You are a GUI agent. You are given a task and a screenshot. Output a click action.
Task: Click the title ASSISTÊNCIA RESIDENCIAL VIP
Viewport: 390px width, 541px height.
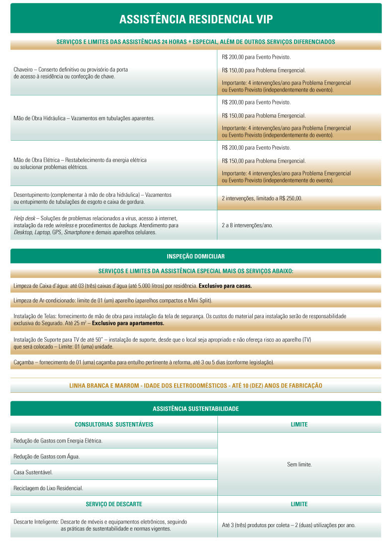[195, 19]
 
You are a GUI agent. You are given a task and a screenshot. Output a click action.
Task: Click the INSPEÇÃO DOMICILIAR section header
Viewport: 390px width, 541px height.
[195, 256]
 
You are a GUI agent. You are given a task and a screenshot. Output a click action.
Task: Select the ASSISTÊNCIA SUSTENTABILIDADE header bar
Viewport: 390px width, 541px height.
[195, 409]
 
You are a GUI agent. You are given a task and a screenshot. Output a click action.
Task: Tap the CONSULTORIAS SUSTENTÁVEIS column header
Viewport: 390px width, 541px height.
[113, 425]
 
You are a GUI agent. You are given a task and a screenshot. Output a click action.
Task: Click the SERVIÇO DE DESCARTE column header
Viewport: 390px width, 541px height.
[113, 504]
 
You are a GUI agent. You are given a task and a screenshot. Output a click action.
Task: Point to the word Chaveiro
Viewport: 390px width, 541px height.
[24, 70]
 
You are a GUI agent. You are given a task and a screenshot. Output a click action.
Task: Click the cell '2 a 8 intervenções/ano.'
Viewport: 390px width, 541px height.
[247, 225]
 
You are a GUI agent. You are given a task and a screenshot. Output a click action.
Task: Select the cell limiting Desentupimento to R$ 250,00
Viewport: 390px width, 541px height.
[262, 198]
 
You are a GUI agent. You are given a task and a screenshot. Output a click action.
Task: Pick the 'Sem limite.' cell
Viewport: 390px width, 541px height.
[299, 464]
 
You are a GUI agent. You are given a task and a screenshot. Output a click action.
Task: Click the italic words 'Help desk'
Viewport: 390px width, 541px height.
[24, 218]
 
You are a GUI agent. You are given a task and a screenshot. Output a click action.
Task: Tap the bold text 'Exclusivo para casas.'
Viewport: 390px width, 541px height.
[225, 286]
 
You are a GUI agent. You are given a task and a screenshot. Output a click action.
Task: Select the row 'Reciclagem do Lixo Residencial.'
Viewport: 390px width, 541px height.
[48, 488]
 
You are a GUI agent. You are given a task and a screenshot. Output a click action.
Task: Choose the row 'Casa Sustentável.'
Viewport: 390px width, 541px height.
[33, 472]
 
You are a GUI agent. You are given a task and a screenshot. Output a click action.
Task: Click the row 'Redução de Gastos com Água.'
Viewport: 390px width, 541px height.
[46, 456]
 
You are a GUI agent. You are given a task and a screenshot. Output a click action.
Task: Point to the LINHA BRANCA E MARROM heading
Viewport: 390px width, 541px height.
[195, 385]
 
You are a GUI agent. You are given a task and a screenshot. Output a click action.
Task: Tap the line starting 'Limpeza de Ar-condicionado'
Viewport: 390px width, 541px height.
[112, 301]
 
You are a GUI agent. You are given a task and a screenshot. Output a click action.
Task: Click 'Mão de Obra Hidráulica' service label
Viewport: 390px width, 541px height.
[41, 118]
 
